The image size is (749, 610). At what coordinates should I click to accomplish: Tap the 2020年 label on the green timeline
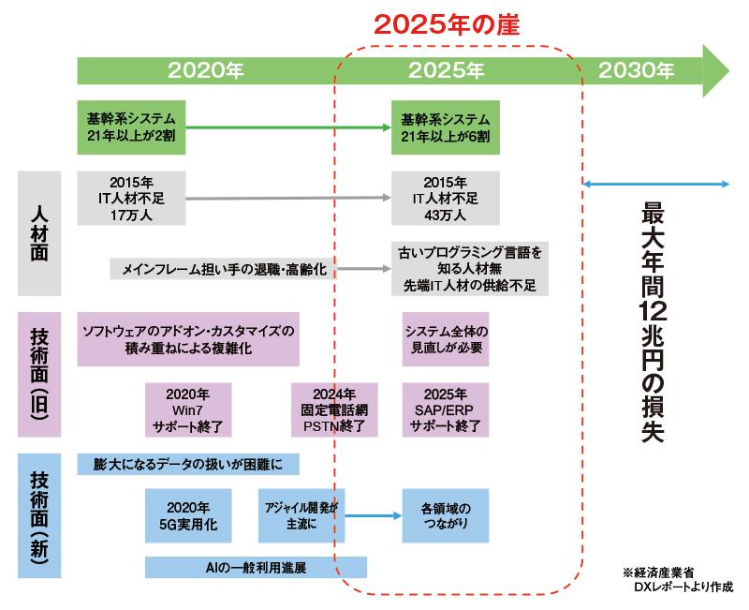pyautogui.click(x=206, y=70)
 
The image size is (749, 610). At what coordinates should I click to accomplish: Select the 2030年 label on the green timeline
pyautogui.click(x=637, y=70)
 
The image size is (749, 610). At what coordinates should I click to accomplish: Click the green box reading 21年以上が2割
pyautogui.click(x=132, y=128)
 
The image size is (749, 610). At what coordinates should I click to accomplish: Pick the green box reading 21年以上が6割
pyautogui.click(x=446, y=128)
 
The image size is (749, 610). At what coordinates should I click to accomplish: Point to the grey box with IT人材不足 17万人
pyautogui.click(x=132, y=198)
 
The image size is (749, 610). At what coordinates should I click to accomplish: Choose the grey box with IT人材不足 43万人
pyautogui.click(x=446, y=198)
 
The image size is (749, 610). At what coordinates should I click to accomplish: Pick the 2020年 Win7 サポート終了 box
pyautogui.click(x=187, y=409)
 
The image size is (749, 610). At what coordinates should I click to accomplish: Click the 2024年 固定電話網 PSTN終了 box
pyautogui.click(x=334, y=409)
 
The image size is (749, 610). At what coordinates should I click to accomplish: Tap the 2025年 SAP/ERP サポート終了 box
pyautogui.click(x=446, y=409)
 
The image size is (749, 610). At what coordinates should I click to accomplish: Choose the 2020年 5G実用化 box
pyautogui.click(x=187, y=515)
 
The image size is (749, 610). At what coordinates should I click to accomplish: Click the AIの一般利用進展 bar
pyautogui.click(x=256, y=567)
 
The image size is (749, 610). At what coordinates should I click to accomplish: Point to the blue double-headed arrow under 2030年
pyautogui.click(x=656, y=183)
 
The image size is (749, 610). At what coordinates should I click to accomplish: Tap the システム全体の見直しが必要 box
pyautogui.click(x=446, y=339)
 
